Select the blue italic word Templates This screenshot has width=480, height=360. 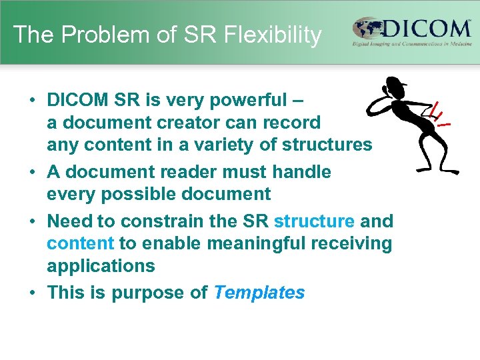pyautogui.click(x=259, y=293)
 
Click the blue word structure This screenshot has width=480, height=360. pyautogui.click(x=314, y=221)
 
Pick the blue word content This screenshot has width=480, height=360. pyautogui.click(x=81, y=243)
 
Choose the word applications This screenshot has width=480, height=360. pyautogui.click(x=101, y=266)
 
